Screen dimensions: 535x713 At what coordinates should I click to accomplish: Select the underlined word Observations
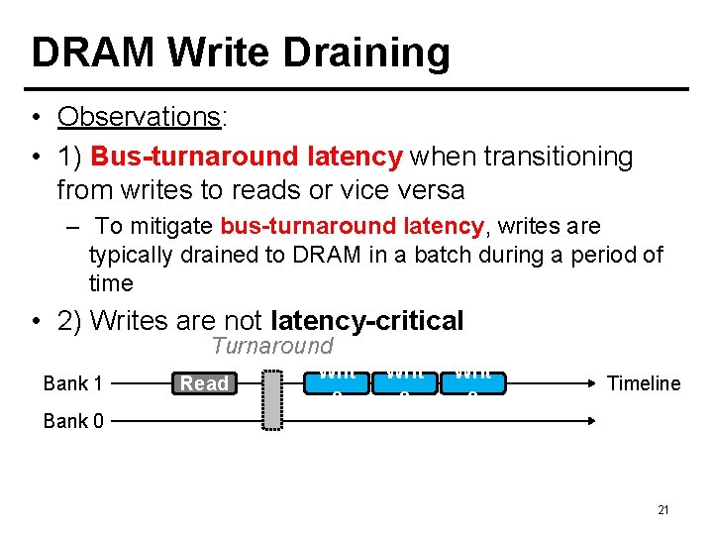(x=140, y=117)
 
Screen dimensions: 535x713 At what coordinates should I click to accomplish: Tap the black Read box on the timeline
(x=204, y=382)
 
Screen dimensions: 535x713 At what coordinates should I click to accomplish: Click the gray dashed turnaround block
(x=272, y=399)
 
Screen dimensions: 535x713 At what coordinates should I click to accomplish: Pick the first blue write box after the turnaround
(x=338, y=380)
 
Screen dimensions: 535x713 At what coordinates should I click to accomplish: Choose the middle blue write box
(x=405, y=380)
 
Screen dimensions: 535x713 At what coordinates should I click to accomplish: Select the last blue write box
(x=472, y=380)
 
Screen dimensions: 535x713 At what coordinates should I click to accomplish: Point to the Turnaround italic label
(x=272, y=346)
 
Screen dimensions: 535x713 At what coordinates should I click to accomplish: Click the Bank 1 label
(x=73, y=383)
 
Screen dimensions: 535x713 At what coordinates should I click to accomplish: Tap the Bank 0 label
(x=73, y=421)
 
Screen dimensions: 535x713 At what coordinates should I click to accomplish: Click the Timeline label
(x=644, y=383)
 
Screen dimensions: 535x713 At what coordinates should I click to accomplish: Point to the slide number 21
(x=663, y=510)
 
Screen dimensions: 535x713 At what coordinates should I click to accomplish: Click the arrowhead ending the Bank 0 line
(x=593, y=421)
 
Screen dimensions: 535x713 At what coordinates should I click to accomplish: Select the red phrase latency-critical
(x=366, y=321)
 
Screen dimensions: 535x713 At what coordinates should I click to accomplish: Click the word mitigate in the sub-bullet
(x=171, y=227)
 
